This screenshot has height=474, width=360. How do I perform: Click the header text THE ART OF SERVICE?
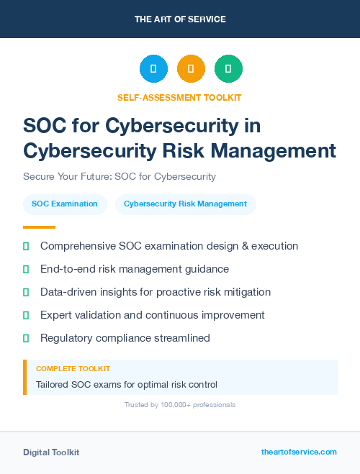[x=180, y=19]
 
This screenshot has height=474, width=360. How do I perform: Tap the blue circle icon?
[x=153, y=69]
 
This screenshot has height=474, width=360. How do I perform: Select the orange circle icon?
[x=191, y=69]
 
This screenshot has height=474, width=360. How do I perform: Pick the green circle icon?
[x=228, y=69]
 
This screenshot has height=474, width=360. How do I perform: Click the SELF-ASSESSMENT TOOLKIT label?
[x=179, y=97]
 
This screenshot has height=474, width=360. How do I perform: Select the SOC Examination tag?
[x=65, y=204]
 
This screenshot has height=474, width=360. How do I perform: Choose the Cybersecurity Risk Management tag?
[x=185, y=204]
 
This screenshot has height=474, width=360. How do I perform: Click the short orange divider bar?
[x=39, y=227]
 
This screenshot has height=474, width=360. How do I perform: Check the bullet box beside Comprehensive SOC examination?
[x=26, y=246]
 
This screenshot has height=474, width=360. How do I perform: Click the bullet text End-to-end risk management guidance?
[x=135, y=269]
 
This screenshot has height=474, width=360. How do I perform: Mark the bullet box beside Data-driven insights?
[x=26, y=292]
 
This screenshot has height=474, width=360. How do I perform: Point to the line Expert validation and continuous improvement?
[x=153, y=315]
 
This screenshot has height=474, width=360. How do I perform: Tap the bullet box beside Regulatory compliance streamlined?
[x=26, y=338]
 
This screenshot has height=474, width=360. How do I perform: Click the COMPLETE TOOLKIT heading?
[x=73, y=368]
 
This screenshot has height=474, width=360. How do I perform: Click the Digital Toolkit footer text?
[x=51, y=452]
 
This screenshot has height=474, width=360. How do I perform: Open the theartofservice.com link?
[x=299, y=452]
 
